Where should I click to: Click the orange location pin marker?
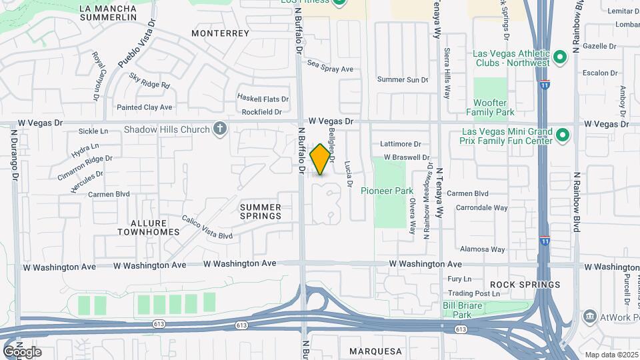pos(321,159)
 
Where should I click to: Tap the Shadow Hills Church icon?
pos(220,129)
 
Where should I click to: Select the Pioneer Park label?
pos(387,191)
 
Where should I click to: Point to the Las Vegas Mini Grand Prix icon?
pos(563,136)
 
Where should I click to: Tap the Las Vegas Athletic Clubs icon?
pos(559,59)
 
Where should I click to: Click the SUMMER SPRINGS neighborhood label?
pos(261,212)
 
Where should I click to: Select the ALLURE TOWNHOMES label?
pos(149,227)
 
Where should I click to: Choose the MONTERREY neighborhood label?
pos(220,33)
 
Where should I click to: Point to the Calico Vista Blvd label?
pos(207,227)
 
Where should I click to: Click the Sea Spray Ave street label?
pos(330,69)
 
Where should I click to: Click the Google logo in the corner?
pos(22,351)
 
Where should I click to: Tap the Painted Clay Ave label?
pos(145,107)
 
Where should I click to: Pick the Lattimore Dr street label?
pos(401,143)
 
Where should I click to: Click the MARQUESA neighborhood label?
pos(376,351)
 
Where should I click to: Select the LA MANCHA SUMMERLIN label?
pos(107,12)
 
